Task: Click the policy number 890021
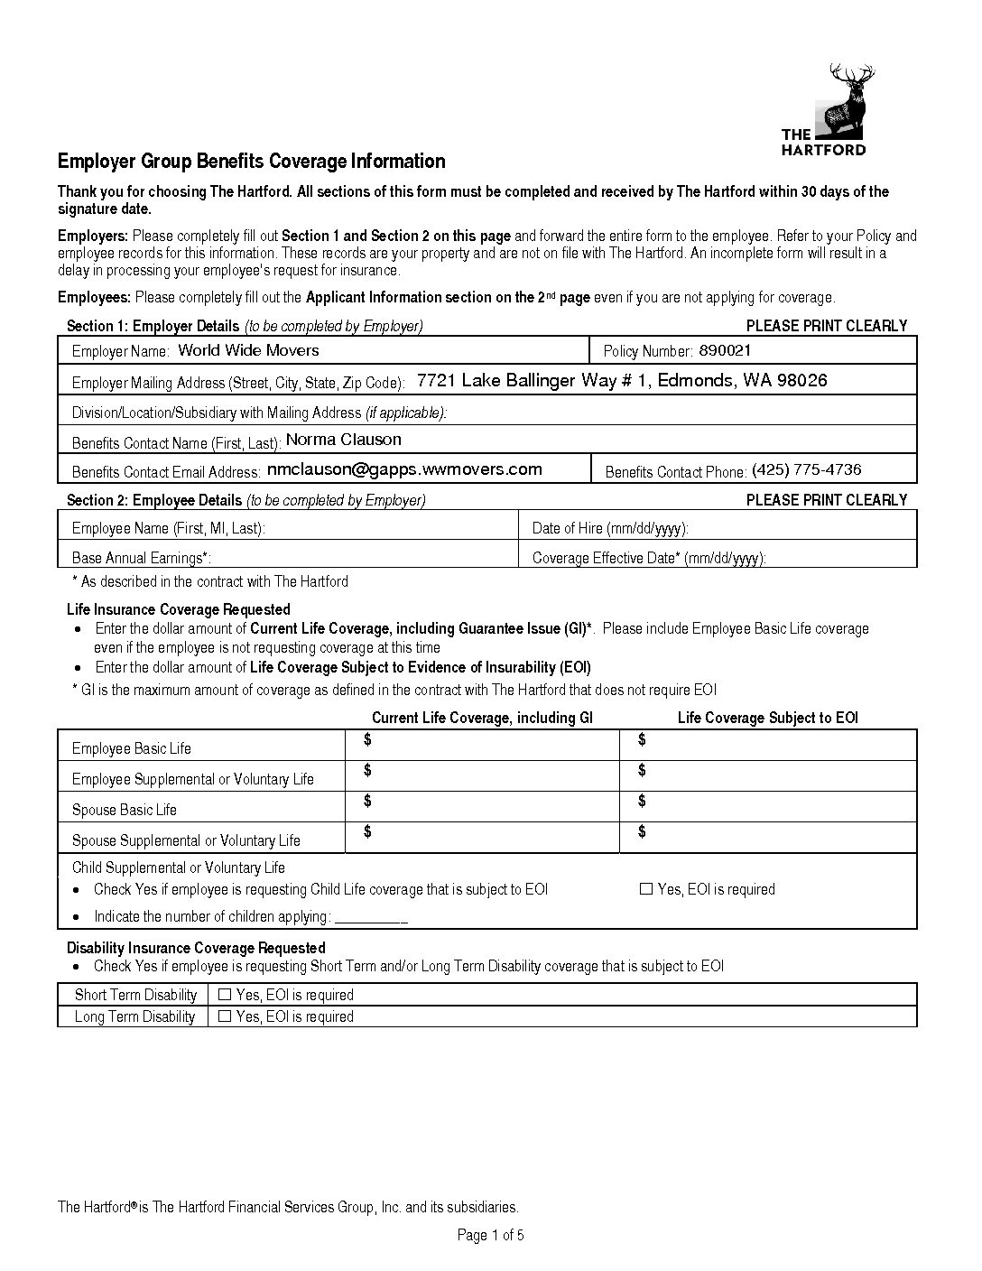(725, 350)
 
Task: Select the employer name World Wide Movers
(248, 350)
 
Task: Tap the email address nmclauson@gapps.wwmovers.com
(404, 469)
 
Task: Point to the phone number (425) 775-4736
(806, 469)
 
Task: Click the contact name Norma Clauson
(343, 440)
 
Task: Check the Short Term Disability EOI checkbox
(225, 995)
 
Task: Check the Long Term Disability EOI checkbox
(225, 1016)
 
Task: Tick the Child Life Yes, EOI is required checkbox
(645, 889)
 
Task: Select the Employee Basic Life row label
(132, 748)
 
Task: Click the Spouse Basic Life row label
(125, 810)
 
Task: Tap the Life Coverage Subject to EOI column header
(767, 718)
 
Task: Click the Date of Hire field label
(610, 528)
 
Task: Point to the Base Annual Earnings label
(142, 558)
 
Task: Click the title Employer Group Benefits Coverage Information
(252, 162)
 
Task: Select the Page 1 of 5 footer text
(491, 1235)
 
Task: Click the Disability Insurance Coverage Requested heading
(196, 948)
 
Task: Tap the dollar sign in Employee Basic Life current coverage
(367, 740)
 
